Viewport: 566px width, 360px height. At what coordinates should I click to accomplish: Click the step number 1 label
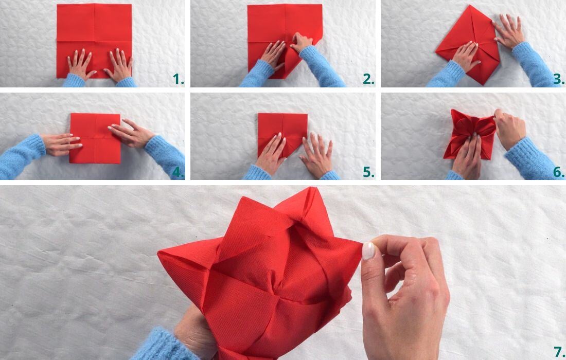(178, 79)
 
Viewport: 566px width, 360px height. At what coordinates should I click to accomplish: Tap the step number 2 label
(368, 79)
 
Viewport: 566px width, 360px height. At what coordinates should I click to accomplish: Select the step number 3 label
(559, 79)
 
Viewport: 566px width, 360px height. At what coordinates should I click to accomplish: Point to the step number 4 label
(178, 172)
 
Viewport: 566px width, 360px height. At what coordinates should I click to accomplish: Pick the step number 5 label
(368, 172)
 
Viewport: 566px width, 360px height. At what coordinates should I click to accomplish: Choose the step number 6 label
(559, 172)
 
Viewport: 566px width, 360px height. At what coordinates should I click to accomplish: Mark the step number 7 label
(558, 352)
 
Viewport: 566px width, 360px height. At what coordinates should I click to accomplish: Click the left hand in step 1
(80, 65)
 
